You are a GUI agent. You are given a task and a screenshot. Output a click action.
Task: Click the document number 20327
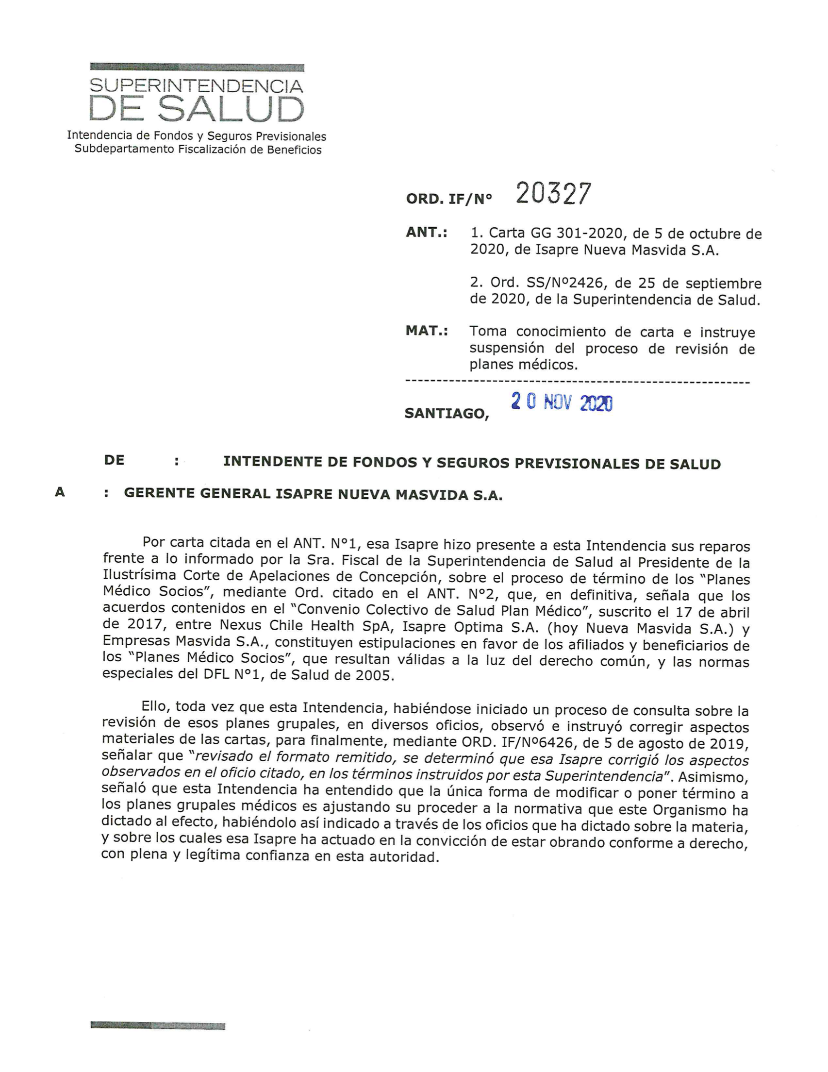coord(553,194)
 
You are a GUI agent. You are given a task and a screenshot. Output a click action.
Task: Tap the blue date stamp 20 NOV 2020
coord(562,403)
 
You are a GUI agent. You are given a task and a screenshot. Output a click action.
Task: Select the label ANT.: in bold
coord(427,232)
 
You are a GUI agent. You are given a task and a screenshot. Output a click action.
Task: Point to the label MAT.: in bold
coord(427,331)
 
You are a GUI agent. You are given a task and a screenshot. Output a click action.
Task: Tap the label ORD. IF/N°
coord(448,199)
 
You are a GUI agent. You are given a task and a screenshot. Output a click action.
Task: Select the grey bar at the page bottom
coord(158,1025)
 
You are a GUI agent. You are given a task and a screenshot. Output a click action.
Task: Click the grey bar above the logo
coord(197,67)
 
